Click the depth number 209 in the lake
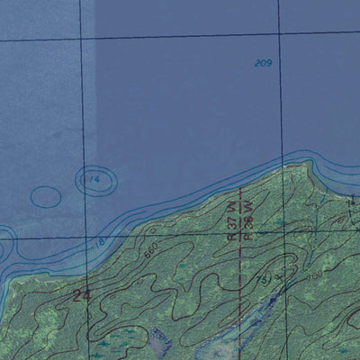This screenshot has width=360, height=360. click(263, 63)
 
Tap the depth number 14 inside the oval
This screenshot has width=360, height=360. click(94, 180)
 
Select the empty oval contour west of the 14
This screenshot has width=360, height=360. click(46, 196)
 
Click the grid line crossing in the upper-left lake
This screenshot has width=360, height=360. click(82, 40)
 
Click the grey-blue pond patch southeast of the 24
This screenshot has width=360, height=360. click(161, 340)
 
